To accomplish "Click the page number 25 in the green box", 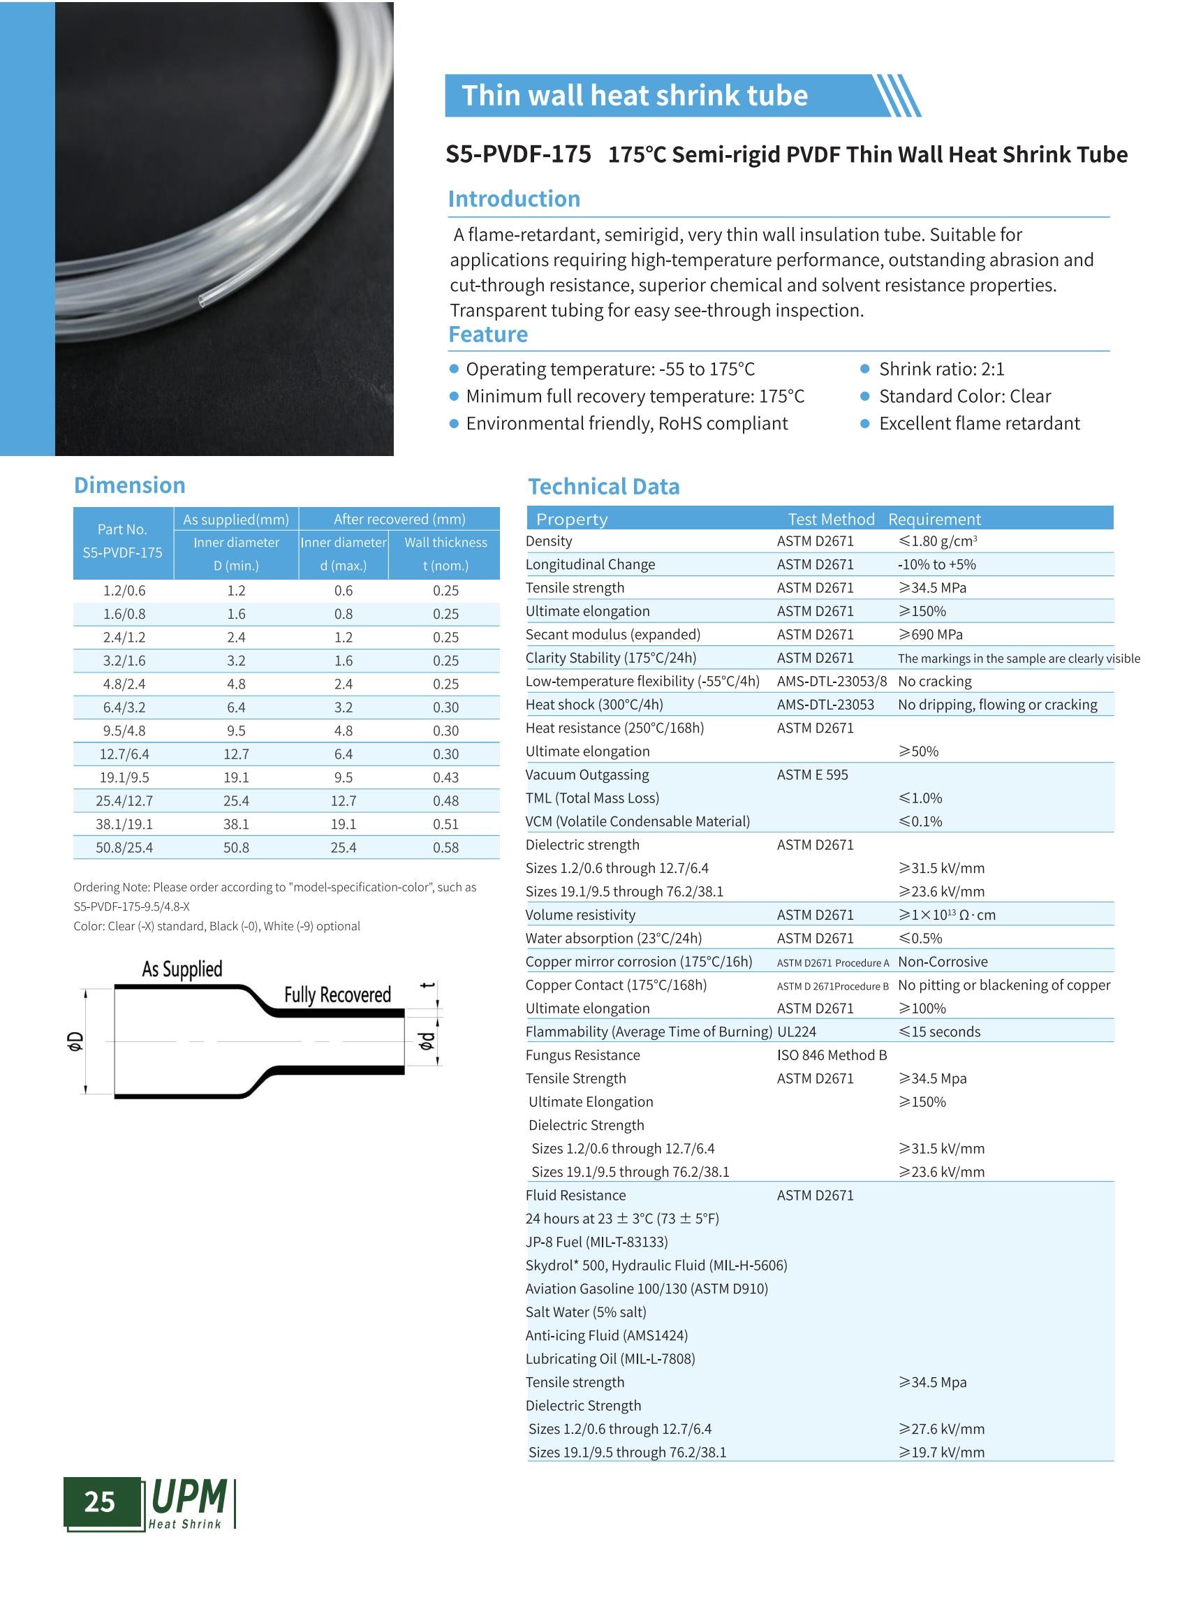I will pos(100,1502).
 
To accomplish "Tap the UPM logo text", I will pos(189,1498).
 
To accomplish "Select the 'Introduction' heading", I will pos(514,199).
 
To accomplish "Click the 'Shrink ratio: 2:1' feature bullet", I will pos(941,369).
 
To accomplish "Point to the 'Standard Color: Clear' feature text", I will pos(964,396).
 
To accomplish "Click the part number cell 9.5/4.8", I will pos(124,731).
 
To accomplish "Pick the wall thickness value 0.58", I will pos(445,847).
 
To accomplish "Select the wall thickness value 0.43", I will pos(445,777).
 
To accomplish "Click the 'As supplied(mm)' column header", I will pos(236,519).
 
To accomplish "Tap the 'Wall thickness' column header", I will pos(445,542).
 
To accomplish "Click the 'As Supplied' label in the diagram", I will pos(182,969).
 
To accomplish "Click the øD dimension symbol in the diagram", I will pos(75,1041).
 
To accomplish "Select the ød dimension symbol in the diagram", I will pos(426,1041).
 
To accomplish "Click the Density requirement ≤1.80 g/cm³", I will pos(937,541).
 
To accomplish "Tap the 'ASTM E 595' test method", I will pos(812,775).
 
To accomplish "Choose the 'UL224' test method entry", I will pos(797,1032).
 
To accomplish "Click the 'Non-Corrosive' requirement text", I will pos(943,962).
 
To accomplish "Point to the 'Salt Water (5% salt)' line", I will pos(586,1312).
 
